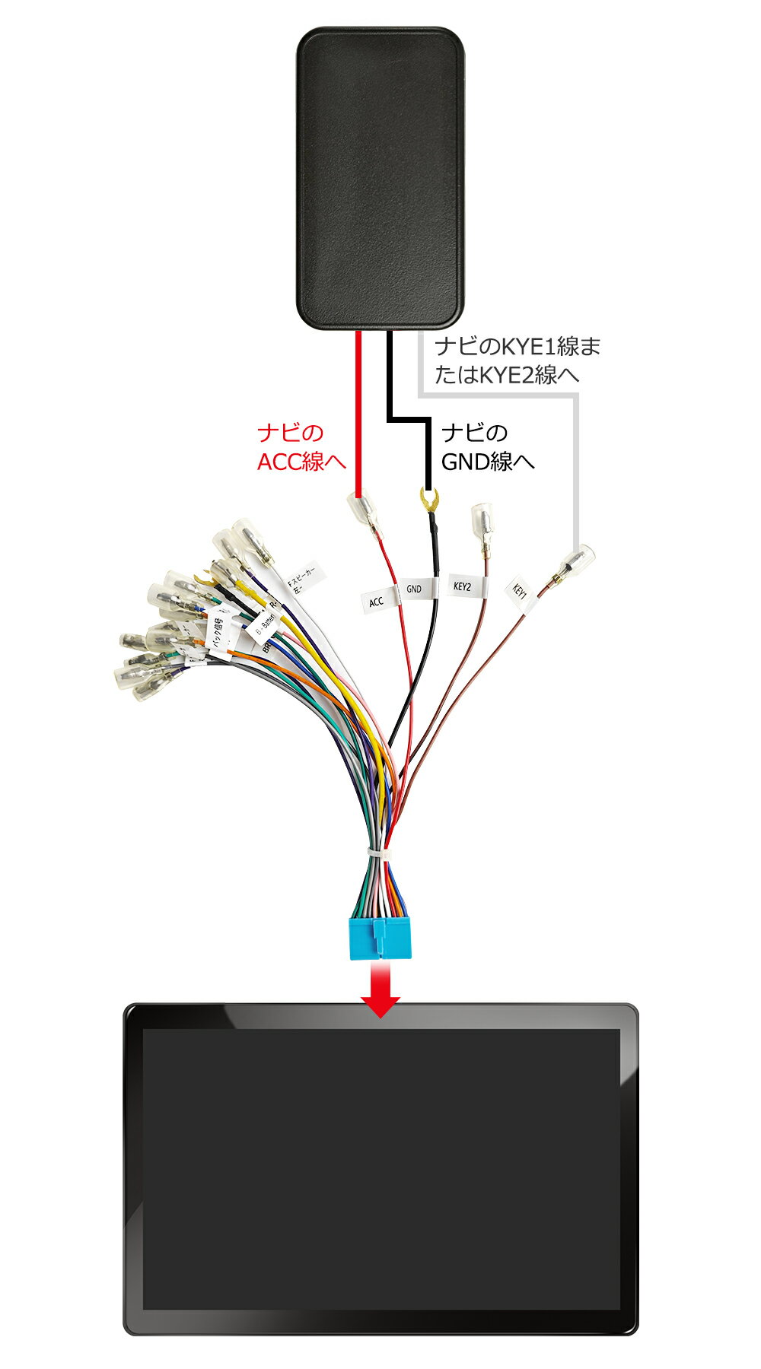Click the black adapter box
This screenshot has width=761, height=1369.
coord(380,179)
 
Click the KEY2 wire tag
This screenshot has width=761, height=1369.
coord(463,586)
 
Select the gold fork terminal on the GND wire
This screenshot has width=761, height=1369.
coord(431,500)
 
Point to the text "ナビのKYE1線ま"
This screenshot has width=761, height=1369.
coord(517,348)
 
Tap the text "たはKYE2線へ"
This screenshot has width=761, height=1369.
coord(507,376)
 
